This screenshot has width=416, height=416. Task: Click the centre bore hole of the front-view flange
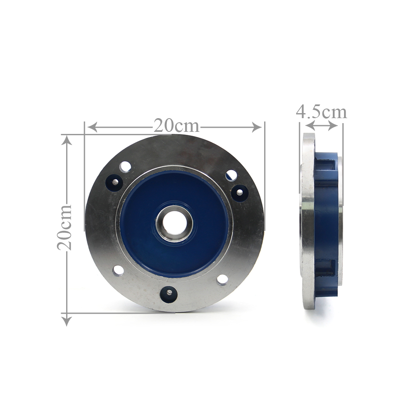[x=174, y=224]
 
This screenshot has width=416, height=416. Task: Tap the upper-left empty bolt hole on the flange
[x=125, y=167]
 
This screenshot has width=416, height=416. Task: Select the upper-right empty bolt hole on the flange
[x=231, y=176]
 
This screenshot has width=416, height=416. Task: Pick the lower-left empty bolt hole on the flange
[x=118, y=271]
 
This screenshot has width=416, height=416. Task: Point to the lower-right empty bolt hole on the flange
[x=222, y=280]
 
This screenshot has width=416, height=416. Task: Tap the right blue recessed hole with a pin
[x=240, y=193]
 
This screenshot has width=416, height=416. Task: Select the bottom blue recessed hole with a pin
[x=168, y=293]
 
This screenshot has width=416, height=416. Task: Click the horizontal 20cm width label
[x=176, y=126]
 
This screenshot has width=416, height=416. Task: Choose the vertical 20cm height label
[x=64, y=227]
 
